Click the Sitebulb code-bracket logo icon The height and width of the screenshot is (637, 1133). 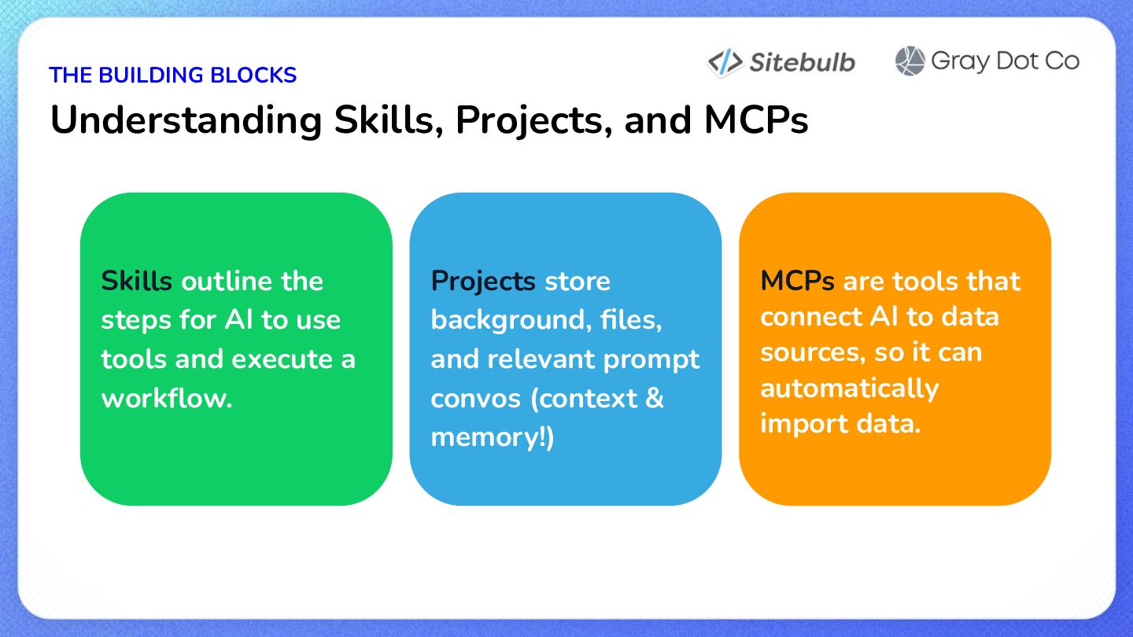725,63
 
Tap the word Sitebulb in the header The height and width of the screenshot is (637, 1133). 803,63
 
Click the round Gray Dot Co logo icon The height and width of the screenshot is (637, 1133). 910,61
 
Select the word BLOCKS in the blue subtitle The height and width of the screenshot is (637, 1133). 253,75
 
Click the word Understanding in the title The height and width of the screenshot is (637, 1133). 186,121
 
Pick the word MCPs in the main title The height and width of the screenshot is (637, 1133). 756,120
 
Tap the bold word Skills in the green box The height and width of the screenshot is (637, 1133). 137,281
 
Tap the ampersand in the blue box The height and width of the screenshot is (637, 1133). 655,397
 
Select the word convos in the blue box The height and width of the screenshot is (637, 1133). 475,399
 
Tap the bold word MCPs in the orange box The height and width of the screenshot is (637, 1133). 797,281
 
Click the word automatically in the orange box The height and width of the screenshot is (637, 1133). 849,388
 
